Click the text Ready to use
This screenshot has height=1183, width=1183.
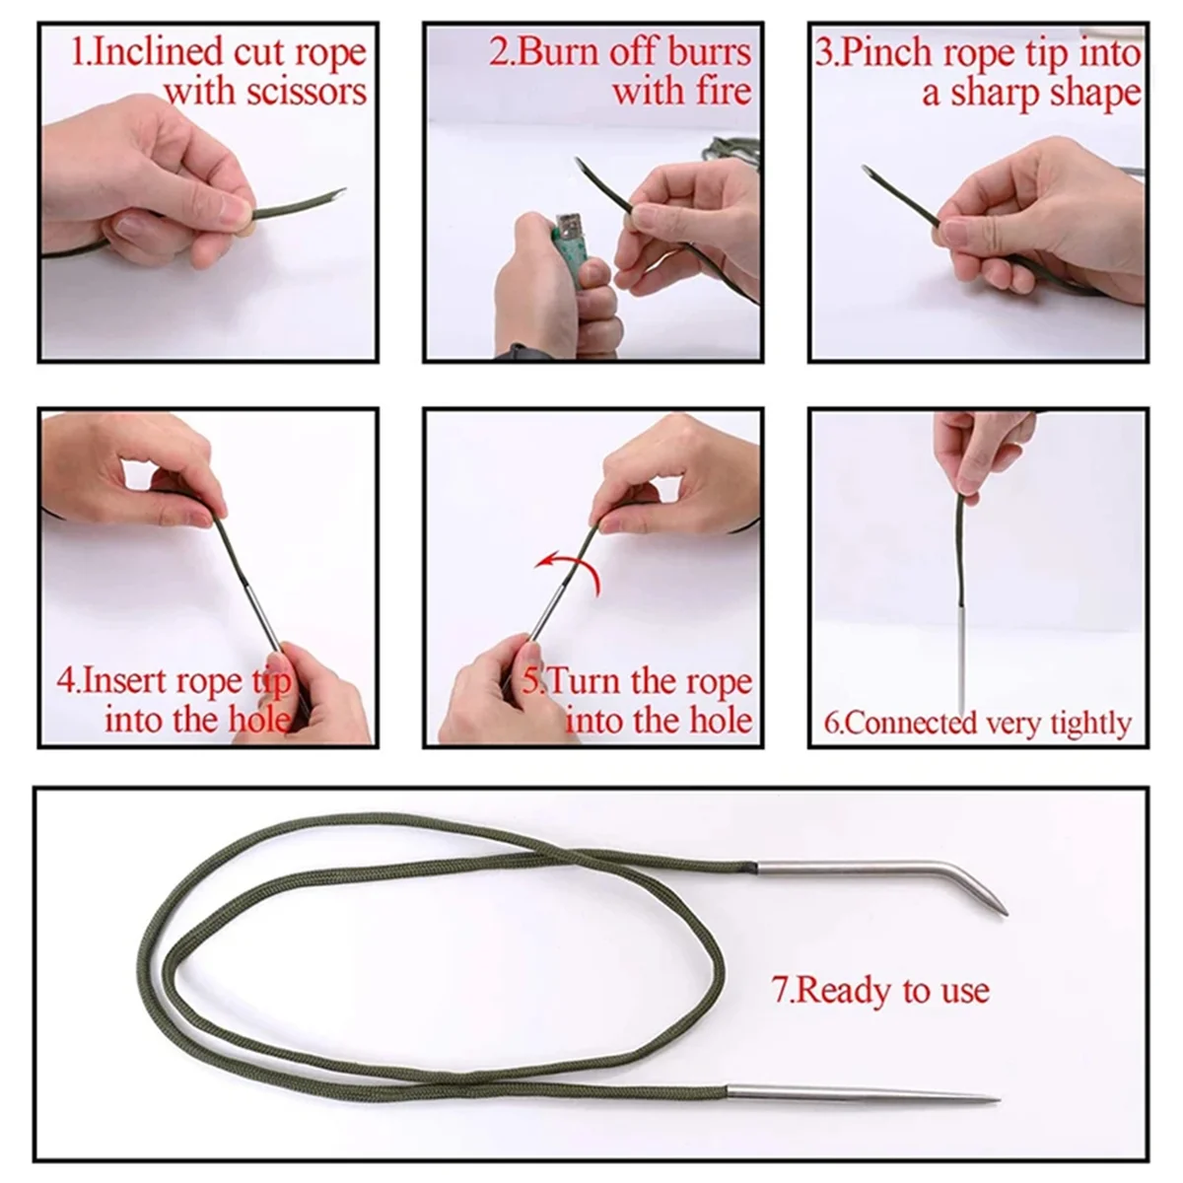(880, 990)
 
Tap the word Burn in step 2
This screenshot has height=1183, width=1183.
(557, 52)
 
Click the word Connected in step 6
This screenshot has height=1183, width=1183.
(905, 724)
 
